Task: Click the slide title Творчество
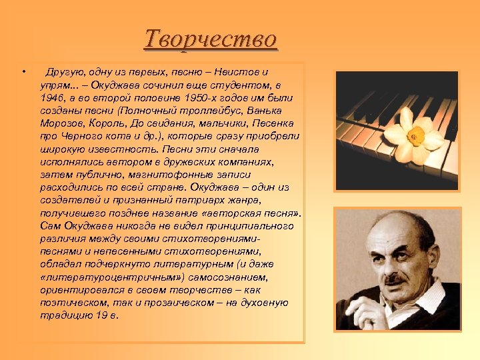(211, 39)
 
